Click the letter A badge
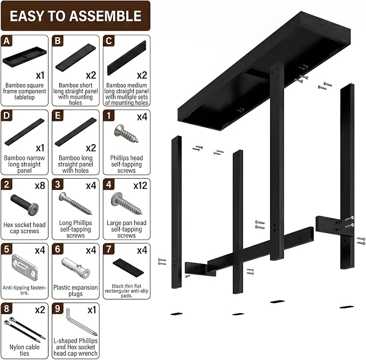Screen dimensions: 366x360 coord(6,41)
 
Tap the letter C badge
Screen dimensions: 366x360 coord(109,41)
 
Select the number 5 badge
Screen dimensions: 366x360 coord(6,249)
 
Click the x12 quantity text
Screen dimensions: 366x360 coord(140,186)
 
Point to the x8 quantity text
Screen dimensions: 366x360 coord(40,186)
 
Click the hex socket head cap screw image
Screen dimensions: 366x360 coord(24,205)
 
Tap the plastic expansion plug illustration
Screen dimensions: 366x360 coord(75,268)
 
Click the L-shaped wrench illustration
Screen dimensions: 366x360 coord(81,322)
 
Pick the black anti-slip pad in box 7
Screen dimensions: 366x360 coord(128,268)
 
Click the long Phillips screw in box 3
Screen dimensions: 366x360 coord(75,203)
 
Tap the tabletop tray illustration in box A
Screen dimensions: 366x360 coord(24,57)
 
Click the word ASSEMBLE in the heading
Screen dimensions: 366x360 coord(105,16)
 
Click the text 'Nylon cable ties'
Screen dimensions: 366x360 coord(24,350)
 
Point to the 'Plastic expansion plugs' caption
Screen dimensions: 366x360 coord(75,290)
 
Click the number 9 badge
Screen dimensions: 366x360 coord(58,309)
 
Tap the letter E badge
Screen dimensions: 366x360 coord(58,116)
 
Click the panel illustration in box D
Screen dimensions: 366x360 coord(24,132)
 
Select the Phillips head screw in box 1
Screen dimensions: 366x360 coord(126,134)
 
